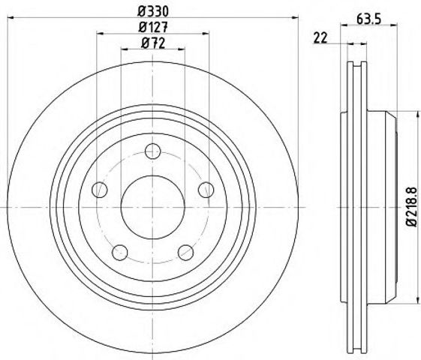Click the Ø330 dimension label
[x=153, y=11]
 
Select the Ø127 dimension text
[x=153, y=27]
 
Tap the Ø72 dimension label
[x=153, y=43]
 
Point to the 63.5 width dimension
[x=369, y=19]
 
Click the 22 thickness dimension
[x=320, y=37]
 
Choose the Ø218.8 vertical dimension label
[x=411, y=207]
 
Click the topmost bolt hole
[x=153, y=151]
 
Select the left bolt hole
[x=100, y=190]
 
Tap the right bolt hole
[x=206, y=190]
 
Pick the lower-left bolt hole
[x=120, y=253]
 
